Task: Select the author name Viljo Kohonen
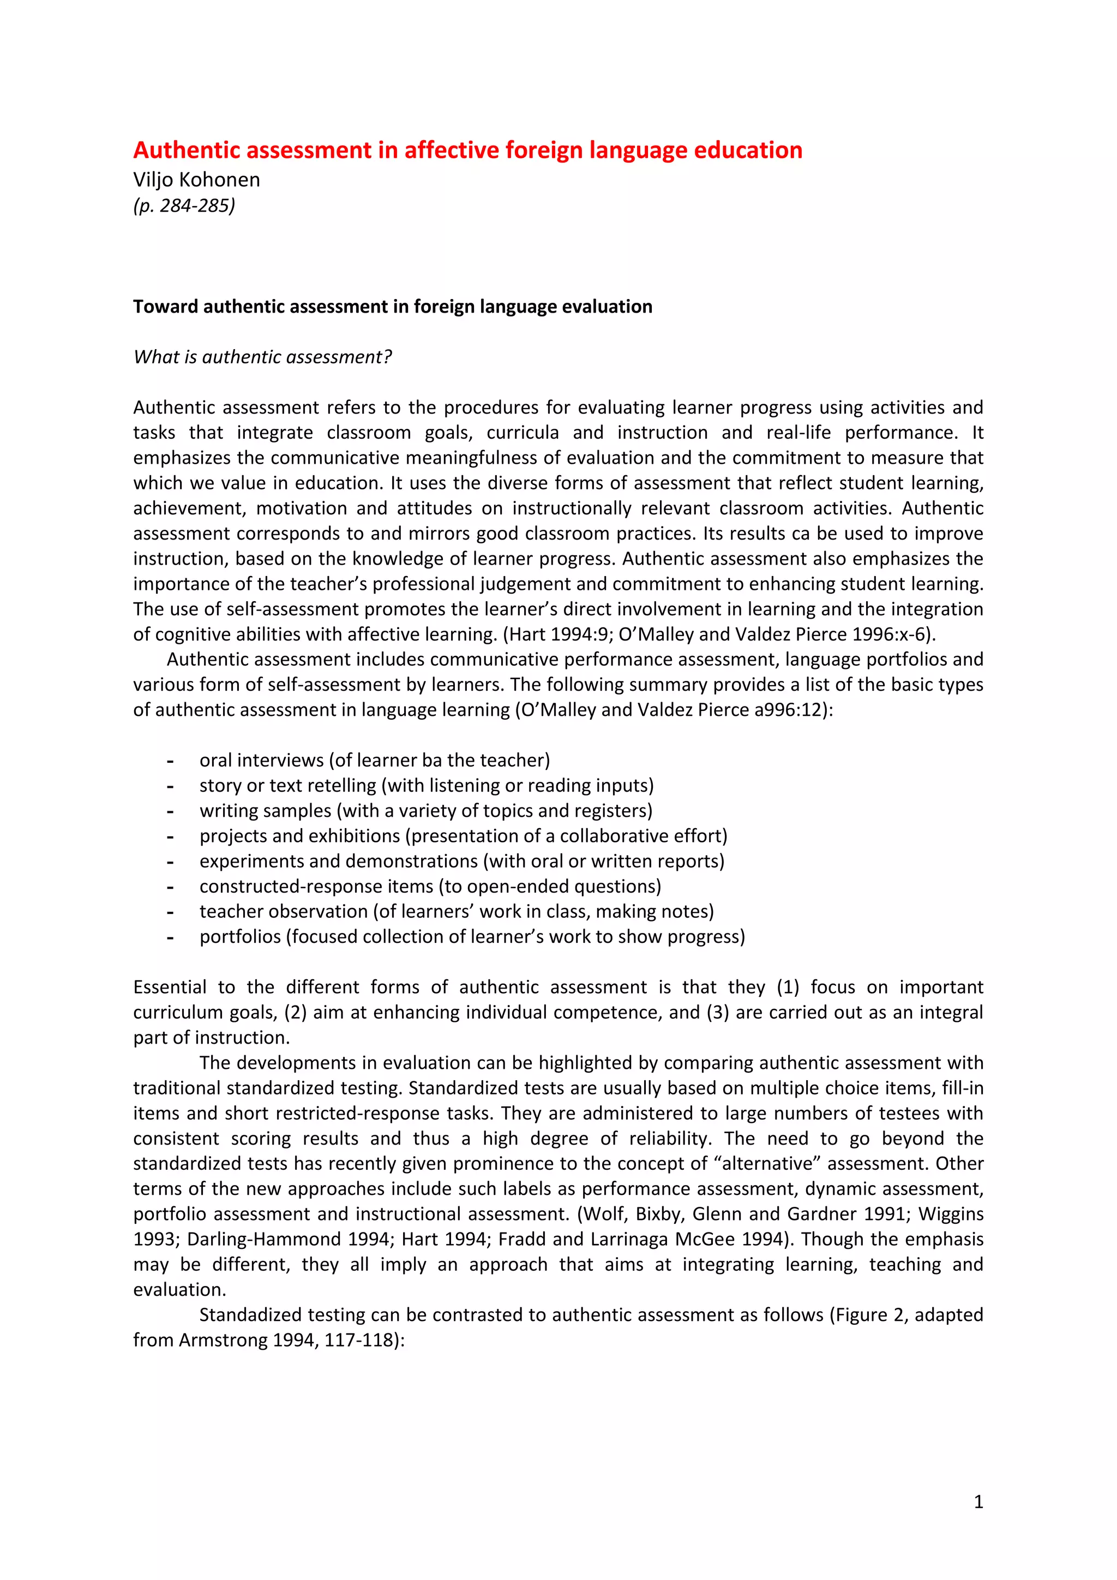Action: coord(197,179)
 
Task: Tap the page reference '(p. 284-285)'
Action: coord(184,205)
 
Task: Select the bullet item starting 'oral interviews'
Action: coord(374,760)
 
